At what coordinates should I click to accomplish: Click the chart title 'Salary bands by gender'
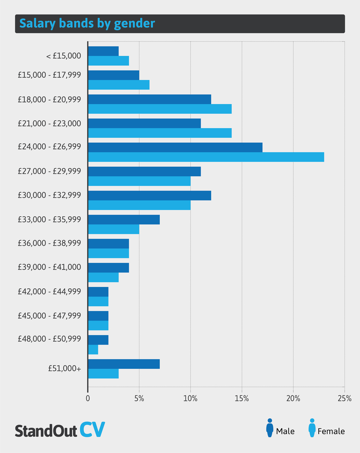[87, 24]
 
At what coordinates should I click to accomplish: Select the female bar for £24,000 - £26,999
[206, 157]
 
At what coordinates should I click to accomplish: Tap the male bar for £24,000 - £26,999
[175, 147]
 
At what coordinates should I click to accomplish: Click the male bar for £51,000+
[124, 364]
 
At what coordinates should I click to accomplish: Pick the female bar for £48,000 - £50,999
[93, 350]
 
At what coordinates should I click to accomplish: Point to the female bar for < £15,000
[108, 61]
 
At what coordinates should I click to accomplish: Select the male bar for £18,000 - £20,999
[149, 99]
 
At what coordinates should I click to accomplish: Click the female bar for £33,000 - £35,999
[114, 229]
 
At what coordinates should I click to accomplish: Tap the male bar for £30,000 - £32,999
[149, 195]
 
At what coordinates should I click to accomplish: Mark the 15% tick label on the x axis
[242, 399]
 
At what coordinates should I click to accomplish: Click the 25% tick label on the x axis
[344, 399]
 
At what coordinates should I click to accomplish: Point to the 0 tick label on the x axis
[88, 399]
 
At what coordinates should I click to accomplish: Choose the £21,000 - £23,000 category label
[50, 123]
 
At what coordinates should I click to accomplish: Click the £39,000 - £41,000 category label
[50, 267]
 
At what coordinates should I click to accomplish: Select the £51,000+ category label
[64, 368]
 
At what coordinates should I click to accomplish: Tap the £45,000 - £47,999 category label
[50, 316]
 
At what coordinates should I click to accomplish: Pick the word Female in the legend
[331, 431]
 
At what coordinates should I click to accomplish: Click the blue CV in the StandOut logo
[92, 429]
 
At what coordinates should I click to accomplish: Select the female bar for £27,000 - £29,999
[139, 181]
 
